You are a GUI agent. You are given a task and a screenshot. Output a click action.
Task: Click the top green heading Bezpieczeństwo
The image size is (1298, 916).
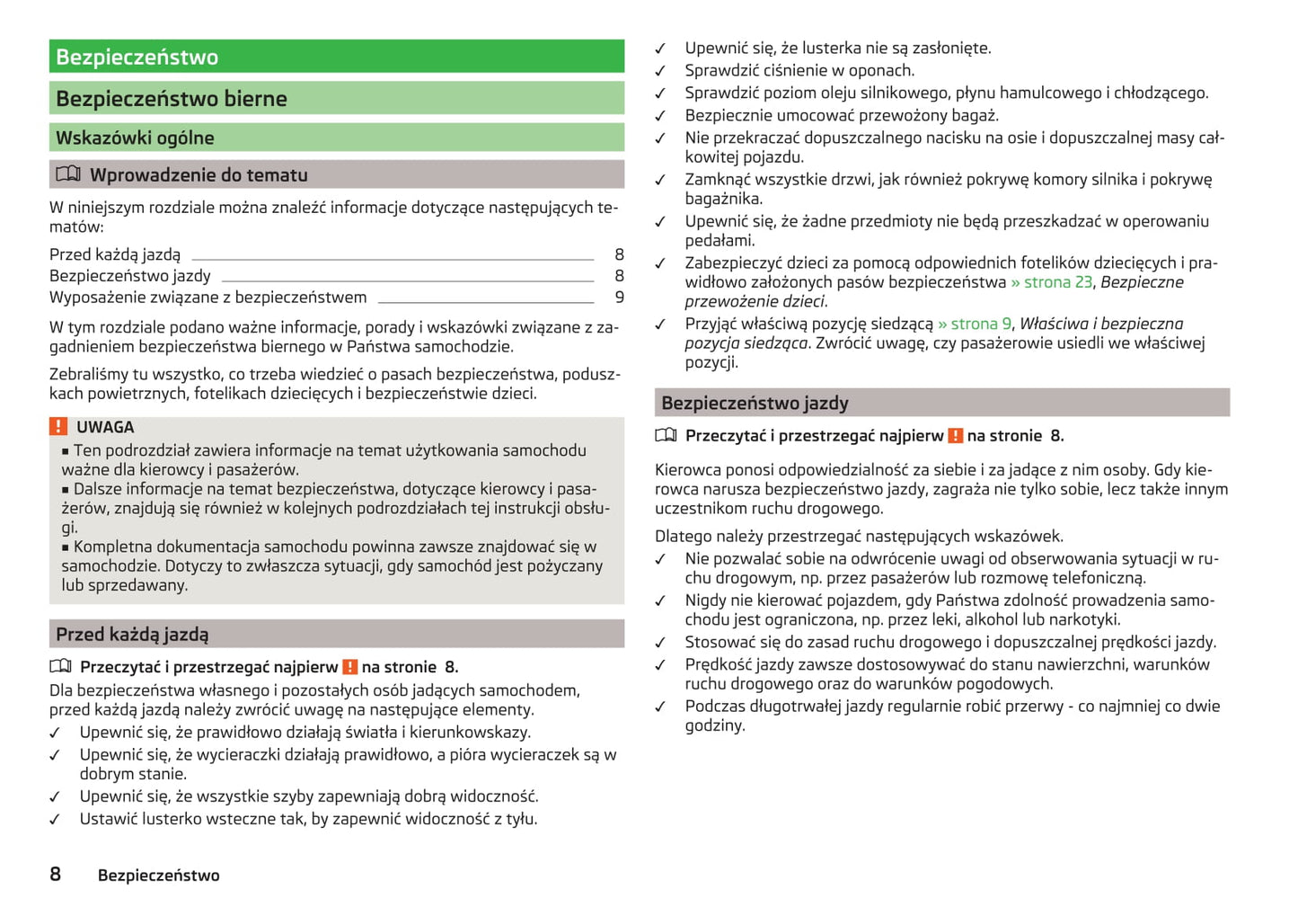[x=137, y=58]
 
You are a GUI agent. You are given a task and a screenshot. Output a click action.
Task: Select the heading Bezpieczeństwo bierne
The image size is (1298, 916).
[x=172, y=99]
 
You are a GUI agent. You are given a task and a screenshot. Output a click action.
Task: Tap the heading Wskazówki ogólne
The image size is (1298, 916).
[x=135, y=138]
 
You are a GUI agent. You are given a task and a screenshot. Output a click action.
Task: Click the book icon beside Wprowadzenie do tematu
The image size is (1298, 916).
[x=68, y=174]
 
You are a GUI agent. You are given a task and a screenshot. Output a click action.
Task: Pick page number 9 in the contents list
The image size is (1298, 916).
[x=619, y=298]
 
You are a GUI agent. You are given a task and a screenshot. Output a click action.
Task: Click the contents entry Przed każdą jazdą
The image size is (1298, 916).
[x=115, y=255]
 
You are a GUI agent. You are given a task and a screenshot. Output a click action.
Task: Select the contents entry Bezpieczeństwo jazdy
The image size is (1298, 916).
[x=130, y=276]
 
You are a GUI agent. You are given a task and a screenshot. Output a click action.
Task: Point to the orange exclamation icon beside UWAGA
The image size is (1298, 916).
[x=58, y=427]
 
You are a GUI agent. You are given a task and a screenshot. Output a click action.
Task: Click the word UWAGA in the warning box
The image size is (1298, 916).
[x=105, y=427]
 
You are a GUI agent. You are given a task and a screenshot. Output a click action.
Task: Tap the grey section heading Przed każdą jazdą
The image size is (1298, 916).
[x=132, y=635]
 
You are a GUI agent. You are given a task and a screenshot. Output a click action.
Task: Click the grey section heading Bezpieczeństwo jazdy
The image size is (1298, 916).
[x=755, y=403]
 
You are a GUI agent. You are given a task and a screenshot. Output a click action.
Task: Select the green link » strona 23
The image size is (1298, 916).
[x=1051, y=282]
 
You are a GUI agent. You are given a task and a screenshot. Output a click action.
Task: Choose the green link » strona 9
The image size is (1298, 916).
[x=975, y=324]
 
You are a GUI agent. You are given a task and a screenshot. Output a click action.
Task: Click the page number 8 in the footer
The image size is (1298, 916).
[x=56, y=875]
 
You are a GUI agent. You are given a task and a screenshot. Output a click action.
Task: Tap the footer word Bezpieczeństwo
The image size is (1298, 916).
[x=158, y=876]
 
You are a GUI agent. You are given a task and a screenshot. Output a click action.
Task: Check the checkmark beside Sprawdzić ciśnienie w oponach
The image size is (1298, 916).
[x=660, y=71]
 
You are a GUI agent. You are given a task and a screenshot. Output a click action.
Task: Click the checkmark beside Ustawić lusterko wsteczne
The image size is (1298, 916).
[x=55, y=820]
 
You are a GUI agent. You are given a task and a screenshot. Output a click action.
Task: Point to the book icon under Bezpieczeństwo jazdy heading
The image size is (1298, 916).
[x=666, y=436]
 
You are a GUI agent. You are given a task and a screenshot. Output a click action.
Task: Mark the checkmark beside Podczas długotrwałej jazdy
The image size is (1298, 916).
[x=660, y=707]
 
